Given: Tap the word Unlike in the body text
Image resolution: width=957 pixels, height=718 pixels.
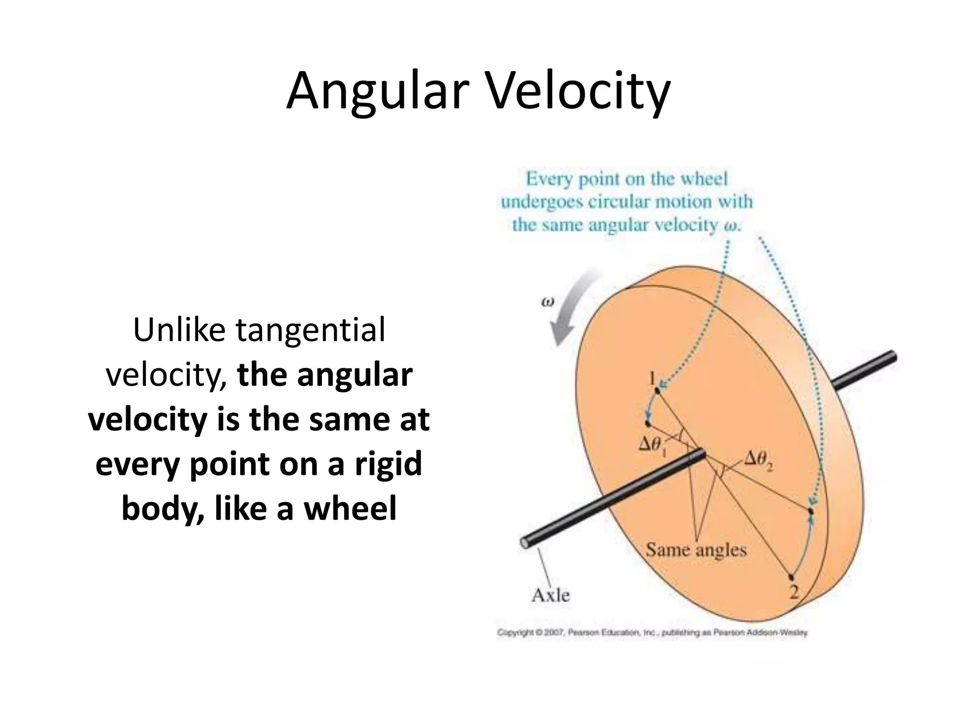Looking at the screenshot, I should [179, 330].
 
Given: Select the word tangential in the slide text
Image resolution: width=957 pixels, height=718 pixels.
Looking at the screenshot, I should [310, 330].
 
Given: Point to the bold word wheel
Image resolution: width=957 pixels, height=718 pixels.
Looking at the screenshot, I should [350, 508].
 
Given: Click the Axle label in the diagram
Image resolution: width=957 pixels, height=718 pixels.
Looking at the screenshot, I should [551, 595].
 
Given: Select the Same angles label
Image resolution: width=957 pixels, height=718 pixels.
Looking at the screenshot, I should [696, 550].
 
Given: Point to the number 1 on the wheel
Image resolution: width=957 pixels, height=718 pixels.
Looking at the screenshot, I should [652, 378].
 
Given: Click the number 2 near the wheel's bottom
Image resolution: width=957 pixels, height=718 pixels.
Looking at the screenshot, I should [794, 592].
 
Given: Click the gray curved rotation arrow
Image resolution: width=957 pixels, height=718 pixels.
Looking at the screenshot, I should [570, 309].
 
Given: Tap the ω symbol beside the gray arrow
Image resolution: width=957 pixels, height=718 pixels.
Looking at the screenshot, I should [547, 302].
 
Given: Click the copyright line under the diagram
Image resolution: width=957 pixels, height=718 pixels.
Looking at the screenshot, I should [652, 633].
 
